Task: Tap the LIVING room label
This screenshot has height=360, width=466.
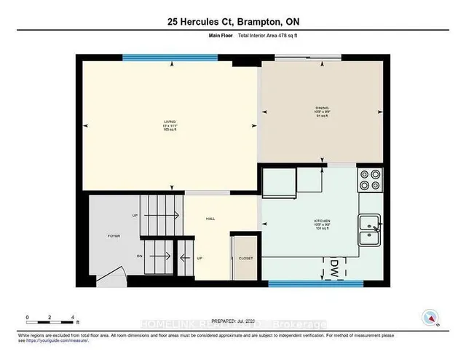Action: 170,124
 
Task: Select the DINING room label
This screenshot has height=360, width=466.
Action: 321,112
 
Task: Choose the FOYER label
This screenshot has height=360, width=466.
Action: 114,236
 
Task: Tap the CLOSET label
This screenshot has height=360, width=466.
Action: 245,258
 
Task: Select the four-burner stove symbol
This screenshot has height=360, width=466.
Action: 370,180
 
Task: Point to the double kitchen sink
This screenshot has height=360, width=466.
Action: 370,232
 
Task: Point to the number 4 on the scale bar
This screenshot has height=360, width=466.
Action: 73,318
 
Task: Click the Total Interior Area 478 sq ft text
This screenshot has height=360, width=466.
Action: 275,44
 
